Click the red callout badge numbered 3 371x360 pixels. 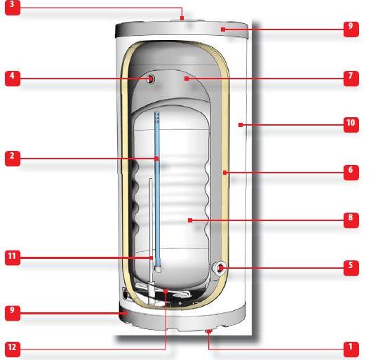tap(13, 8)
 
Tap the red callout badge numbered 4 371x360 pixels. tap(13, 79)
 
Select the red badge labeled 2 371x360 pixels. tap(13, 159)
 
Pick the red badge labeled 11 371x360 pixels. tap(13, 258)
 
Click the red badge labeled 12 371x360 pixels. tap(13, 349)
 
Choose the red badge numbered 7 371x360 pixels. tap(351, 79)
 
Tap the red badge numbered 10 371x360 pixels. tap(351, 125)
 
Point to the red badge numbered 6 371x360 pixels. tap(351, 173)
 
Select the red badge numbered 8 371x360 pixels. tap(351, 220)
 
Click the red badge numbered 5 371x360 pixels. tap(351, 268)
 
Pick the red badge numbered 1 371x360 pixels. tap(351, 349)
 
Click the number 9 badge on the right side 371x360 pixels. tap(351, 29)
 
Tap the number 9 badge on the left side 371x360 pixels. tap(13, 313)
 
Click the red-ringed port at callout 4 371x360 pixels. tap(151, 79)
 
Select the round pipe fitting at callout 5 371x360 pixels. tap(220, 268)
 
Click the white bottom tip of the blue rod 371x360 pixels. tap(158, 269)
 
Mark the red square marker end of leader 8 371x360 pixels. tap(190, 220)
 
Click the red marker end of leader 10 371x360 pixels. tap(241, 125)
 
